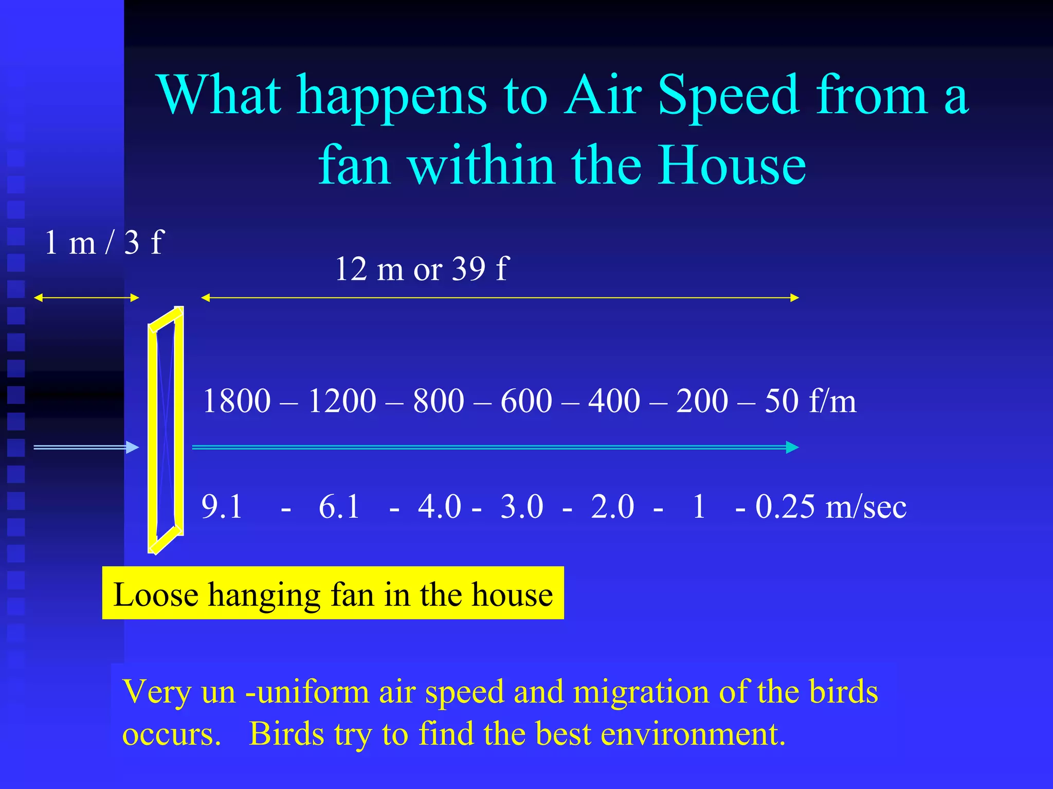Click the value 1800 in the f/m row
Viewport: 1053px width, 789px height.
click(237, 401)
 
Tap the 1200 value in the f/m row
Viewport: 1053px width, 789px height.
click(342, 401)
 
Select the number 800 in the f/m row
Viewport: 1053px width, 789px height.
click(439, 401)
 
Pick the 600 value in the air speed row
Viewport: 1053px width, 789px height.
click(526, 401)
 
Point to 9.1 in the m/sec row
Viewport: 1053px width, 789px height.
click(222, 507)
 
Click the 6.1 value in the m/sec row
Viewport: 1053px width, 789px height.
click(339, 507)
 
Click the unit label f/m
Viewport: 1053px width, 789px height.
click(832, 401)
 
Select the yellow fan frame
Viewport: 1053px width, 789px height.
click(166, 430)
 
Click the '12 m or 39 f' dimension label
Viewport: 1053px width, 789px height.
click(421, 269)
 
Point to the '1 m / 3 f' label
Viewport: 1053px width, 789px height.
click(104, 242)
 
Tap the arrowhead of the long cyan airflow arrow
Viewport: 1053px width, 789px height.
click(792, 447)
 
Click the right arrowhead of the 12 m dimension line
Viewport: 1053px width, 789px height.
click(794, 298)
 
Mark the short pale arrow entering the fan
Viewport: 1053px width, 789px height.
click(86, 447)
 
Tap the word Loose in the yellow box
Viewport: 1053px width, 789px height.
click(156, 595)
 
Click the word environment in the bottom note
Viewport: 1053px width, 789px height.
click(693, 734)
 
